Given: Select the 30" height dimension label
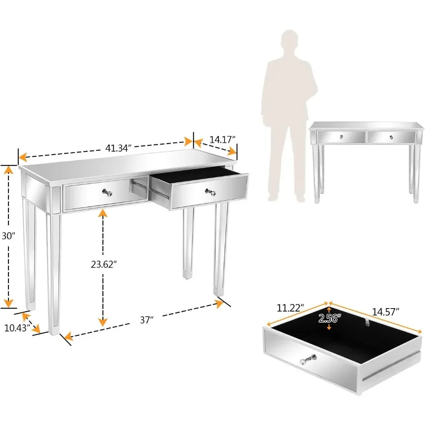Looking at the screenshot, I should click(8, 236).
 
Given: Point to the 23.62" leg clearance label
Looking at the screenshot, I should click(104, 264).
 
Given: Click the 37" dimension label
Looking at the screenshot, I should click(147, 320).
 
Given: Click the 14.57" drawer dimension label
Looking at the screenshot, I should click(385, 312).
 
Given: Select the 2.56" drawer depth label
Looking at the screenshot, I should click(329, 318).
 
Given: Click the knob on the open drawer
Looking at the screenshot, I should click(209, 192).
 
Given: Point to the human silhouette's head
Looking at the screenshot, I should click(289, 41).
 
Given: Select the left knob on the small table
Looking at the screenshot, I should click(341, 137).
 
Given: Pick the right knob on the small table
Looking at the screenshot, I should click(390, 137).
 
